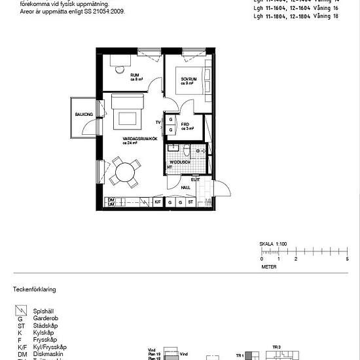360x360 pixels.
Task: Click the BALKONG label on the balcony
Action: click(x=84, y=114)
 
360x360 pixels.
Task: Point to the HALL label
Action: click(x=185, y=187)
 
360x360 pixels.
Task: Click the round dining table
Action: click(x=122, y=173)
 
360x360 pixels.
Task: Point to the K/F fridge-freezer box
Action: click(x=158, y=203)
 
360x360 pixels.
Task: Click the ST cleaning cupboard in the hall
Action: click(x=190, y=203)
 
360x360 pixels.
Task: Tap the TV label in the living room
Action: click(x=158, y=122)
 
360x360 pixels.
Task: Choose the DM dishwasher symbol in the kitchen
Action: click(x=112, y=200)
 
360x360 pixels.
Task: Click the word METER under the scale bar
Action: click(x=269, y=267)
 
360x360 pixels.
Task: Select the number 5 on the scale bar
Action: click(x=347, y=260)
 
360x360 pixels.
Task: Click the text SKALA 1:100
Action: click(x=274, y=243)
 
